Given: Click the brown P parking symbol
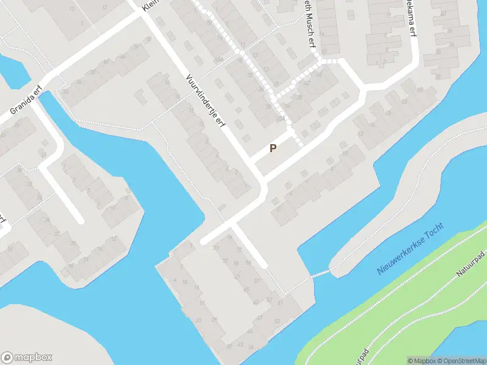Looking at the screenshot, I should pos(273,148).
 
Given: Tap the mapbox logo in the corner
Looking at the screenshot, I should pos(27,358).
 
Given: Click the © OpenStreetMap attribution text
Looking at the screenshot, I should pos(460,361).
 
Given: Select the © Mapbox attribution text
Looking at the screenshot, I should pos(420,361).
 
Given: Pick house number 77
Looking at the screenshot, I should pos(239,250).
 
